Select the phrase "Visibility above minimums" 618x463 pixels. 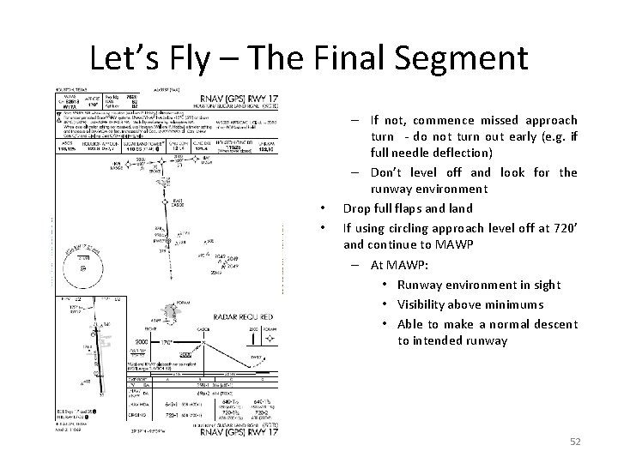[x=470, y=304]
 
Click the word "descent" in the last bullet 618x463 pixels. [x=556, y=323]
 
